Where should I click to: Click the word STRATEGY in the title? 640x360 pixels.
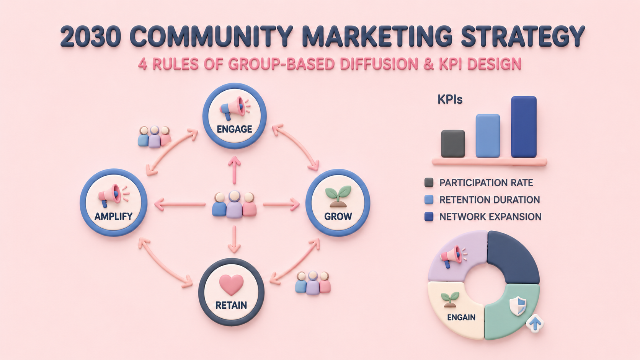[x=522, y=37]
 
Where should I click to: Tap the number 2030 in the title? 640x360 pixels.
[x=91, y=37]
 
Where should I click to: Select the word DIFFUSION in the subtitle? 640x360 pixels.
[x=379, y=64]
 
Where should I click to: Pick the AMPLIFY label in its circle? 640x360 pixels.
[x=113, y=216]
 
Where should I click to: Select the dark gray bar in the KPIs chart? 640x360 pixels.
[x=453, y=143]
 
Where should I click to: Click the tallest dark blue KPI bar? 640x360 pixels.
[x=524, y=127]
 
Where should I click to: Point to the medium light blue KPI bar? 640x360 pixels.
[x=488, y=135]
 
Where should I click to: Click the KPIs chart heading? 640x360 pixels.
[x=450, y=99]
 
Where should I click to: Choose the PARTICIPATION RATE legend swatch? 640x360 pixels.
[x=429, y=182]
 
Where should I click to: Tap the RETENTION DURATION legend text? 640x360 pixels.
[x=490, y=200]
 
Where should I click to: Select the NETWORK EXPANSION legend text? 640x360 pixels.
[x=490, y=217]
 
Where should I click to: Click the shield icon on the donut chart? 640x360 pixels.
[x=518, y=306]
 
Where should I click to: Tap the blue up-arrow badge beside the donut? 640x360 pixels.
[x=535, y=323]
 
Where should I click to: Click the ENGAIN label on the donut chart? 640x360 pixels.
[x=461, y=317]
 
